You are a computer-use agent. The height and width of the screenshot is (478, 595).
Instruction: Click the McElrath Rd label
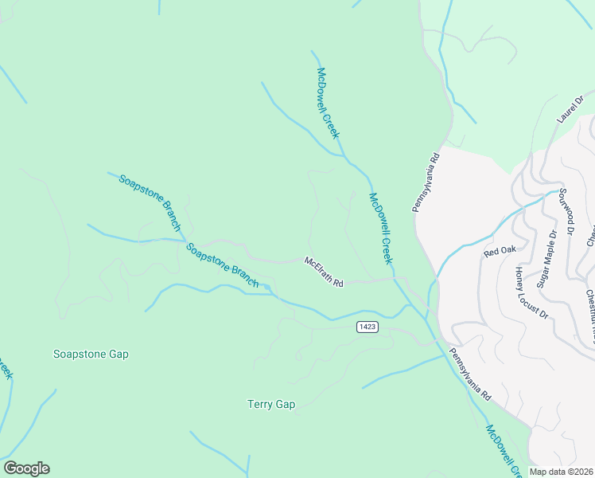[x=324, y=272]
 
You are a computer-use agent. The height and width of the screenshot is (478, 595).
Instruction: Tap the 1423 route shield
[x=367, y=327]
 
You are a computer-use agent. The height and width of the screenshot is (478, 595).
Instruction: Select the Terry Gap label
[x=271, y=405]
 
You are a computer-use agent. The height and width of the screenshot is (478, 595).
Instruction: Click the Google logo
[x=26, y=468]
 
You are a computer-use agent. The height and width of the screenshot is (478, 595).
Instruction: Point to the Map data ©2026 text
[x=562, y=472]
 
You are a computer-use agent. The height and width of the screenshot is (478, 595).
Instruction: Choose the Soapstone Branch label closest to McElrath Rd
[x=223, y=266]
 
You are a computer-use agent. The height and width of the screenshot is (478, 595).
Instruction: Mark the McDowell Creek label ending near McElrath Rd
[x=381, y=229]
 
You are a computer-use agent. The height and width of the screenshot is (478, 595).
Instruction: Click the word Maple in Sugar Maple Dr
[x=547, y=257]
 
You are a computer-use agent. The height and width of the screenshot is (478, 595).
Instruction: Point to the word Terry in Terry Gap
[x=261, y=405]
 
